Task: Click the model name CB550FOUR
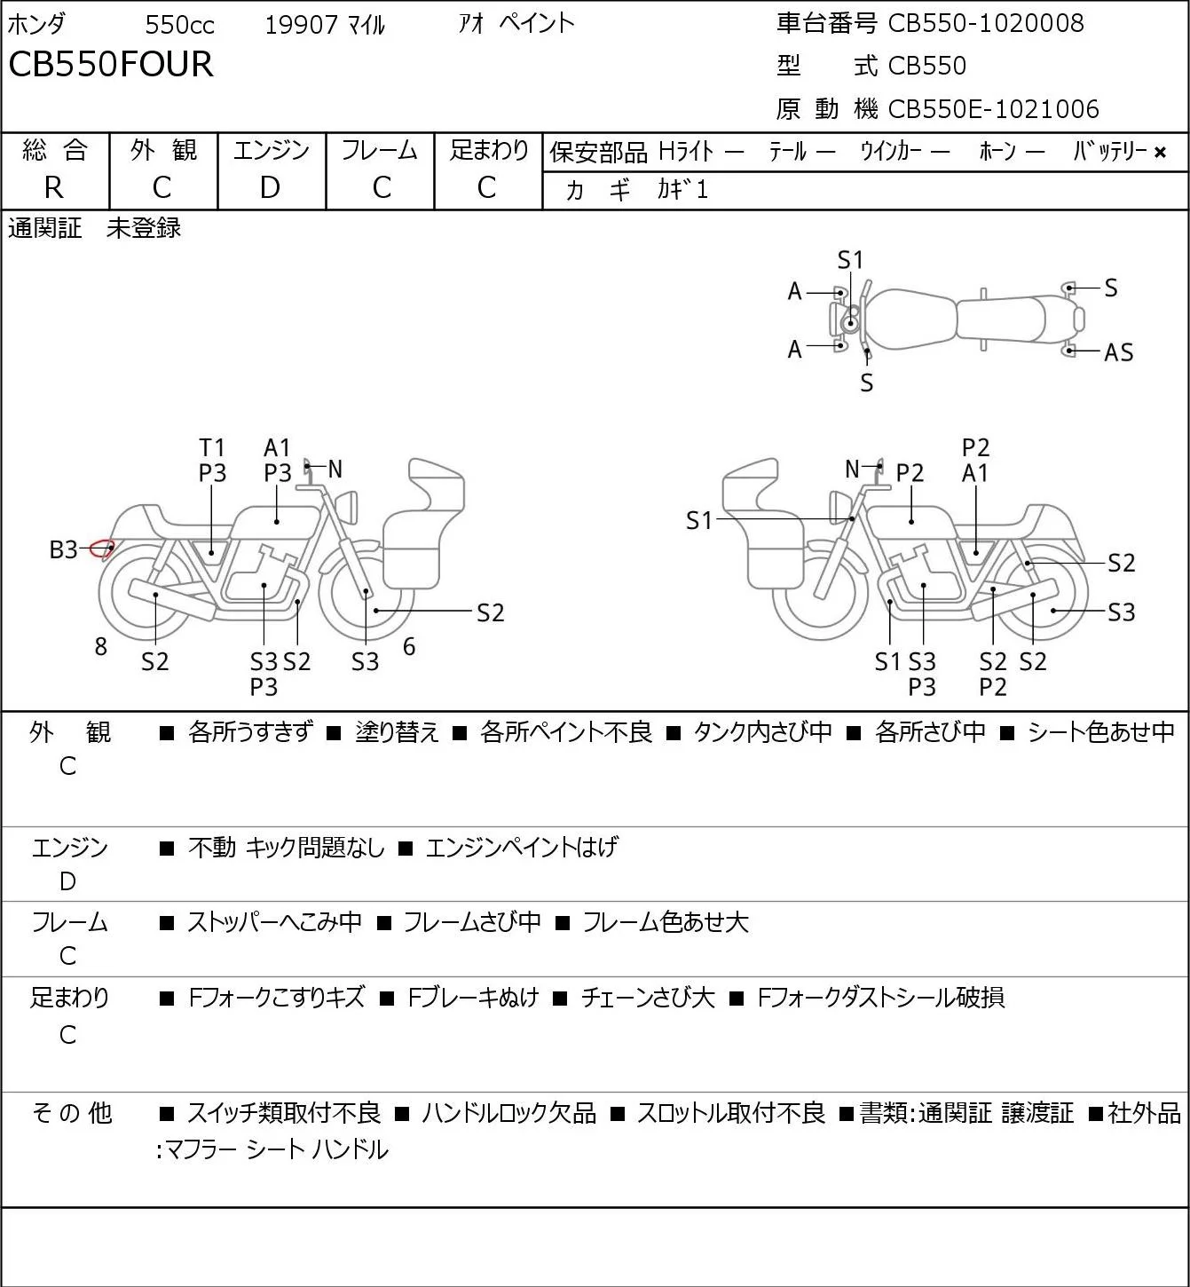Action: pyautogui.click(x=111, y=64)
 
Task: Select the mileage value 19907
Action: pyautogui.click(x=302, y=25)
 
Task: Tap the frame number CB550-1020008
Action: pyautogui.click(x=985, y=23)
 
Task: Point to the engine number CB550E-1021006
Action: pyautogui.click(x=993, y=109)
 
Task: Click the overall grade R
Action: pyautogui.click(x=54, y=188)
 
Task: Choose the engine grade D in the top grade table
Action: pyautogui.click(x=270, y=188)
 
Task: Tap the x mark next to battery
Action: pyautogui.click(x=1160, y=153)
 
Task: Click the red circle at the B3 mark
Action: pyautogui.click(x=101, y=549)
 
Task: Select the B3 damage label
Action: pyautogui.click(x=64, y=549)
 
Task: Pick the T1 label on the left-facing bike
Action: pyautogui.click(x=212, y=447)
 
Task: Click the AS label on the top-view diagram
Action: pyautogui.click(x=1119, y=352)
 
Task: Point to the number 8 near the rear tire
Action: pyautogui.click(x=100, y=646)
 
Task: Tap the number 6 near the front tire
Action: pyautogui.click(x=409, y=646)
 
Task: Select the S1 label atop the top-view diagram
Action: pyautogui.click(x=850, y=261)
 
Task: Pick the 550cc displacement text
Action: pyautogui.click(x=179, y=25)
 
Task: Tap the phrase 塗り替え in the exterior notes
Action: pyautogui.click(x=397, y=732)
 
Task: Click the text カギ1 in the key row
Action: pyautogui.click(x=682, y=190)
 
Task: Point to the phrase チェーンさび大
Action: pyautogui.click(x=648, y=998)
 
